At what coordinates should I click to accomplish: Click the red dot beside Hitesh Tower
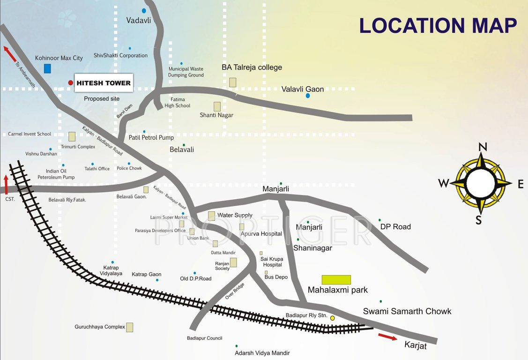coord(71,83)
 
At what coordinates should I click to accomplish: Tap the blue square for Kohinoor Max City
coord(47,68)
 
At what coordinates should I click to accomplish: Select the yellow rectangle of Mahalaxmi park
coord(336,280)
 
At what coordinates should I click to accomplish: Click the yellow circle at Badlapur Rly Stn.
coord(332,318)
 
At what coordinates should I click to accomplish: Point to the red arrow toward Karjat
coord(387,337)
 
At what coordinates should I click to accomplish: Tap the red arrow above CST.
coord(6,183)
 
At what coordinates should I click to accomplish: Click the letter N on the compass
coord(483,147)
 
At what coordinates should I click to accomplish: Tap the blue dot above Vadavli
coord(144,10)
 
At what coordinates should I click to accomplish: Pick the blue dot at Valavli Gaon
coord(308,96)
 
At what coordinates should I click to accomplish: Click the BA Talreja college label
coord(252,67)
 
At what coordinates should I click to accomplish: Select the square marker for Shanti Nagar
coord(217,106)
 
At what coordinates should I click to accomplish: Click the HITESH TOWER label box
coord(104,83)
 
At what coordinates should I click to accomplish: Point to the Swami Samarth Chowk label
coord(407,311)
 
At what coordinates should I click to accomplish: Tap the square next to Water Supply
coord(212,216)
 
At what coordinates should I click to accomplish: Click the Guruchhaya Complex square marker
coord(130,327)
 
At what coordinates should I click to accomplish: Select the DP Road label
coord(395,227)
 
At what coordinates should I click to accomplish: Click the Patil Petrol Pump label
coord(151,138)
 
